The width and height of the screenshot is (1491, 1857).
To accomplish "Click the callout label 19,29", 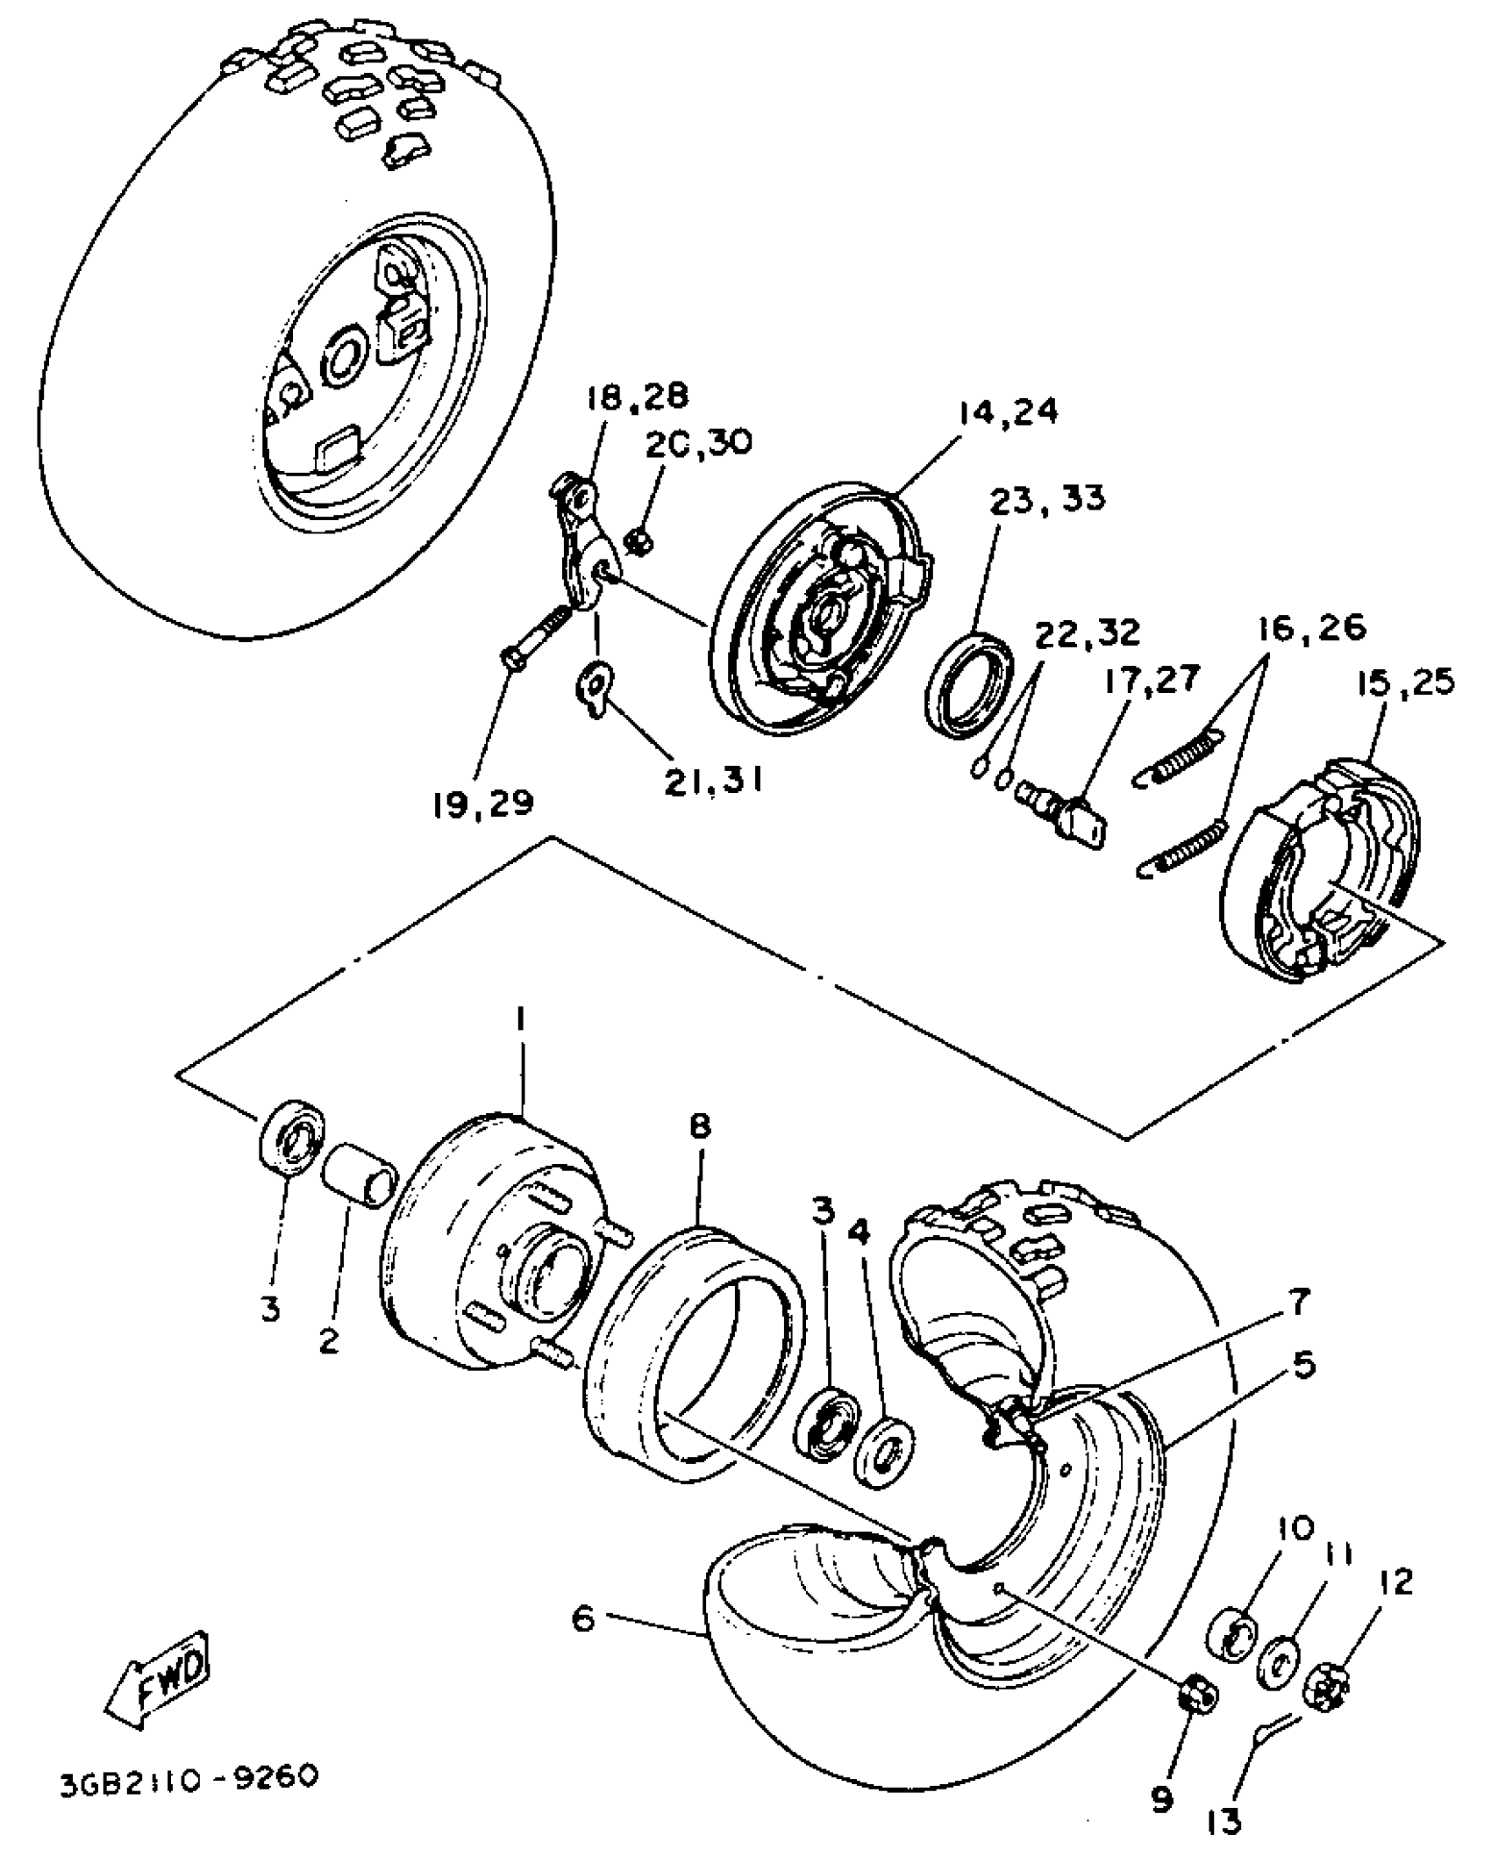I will (x=482, y=803).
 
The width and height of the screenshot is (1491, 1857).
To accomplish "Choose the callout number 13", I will (x=1224, y=1823).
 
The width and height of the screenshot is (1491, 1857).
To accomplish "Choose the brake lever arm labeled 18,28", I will (x=577, y=546).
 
